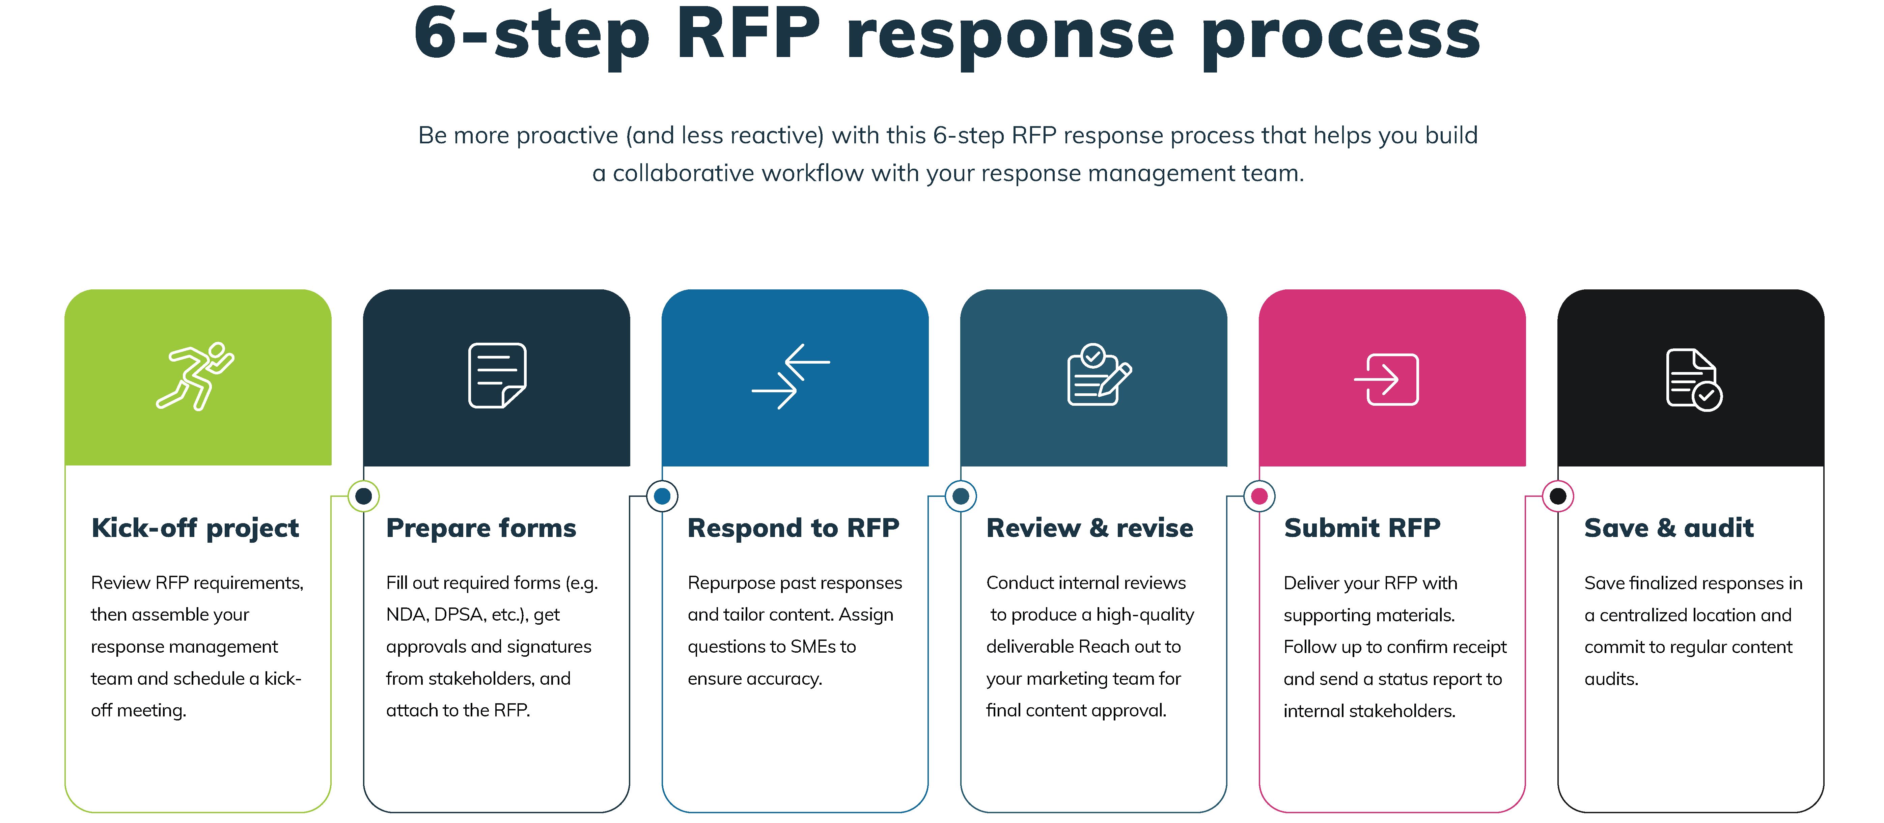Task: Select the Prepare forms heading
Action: (x=480, y=528)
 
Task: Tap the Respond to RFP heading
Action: (x=793, y=528)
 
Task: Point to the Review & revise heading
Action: (x=1089, y=528)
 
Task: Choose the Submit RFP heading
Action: (x=1362, y=528)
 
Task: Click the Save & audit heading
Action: (x=1668, y=528)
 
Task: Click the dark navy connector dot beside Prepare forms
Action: (x=363, y=496)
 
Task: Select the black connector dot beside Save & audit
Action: (x=1558, y=496)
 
